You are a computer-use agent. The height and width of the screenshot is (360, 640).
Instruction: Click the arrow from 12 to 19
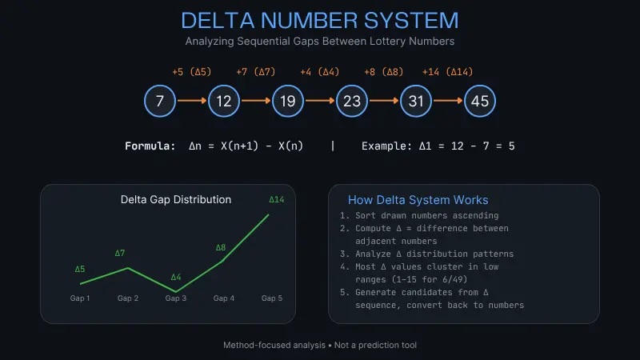pyautogui.click(x=256, y=101)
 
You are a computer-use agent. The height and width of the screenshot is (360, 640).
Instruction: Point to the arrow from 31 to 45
pyautogui.click(x=448, y=101)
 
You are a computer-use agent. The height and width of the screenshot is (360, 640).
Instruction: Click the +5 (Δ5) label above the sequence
pyautogui.click(x=192, y=72)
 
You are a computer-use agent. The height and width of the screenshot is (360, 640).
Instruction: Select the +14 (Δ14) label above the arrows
pyautogui.click(x=448, y=72)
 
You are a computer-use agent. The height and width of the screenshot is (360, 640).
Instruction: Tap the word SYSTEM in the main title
pyautogui.click(x=411, y=21)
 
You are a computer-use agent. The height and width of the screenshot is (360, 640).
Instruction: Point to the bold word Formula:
pyautogui.click(x=150, y=146)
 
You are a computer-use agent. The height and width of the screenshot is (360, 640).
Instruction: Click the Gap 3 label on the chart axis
pyautogui.click(x=175, y=298)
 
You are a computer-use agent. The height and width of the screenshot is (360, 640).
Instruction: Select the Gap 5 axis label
pyautogui.click(x=272, y=298)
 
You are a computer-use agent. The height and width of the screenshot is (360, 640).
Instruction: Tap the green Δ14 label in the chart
pyautogui.click(x=276, y=199)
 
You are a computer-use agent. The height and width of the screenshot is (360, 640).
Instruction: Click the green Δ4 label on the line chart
pyautogui.click(x=176, y=277)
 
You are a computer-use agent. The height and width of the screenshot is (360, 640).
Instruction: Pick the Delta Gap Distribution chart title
pyautogui.click(x=176, y=199)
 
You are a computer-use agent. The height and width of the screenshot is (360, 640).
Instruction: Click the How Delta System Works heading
pyautogui.click(x=418, y=200)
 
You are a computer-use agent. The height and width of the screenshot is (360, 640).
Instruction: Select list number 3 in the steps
pyautogui.click(x=344, y=254)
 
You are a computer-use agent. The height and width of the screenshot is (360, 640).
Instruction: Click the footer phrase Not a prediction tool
pyautogui.click(x=375, y=346)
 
